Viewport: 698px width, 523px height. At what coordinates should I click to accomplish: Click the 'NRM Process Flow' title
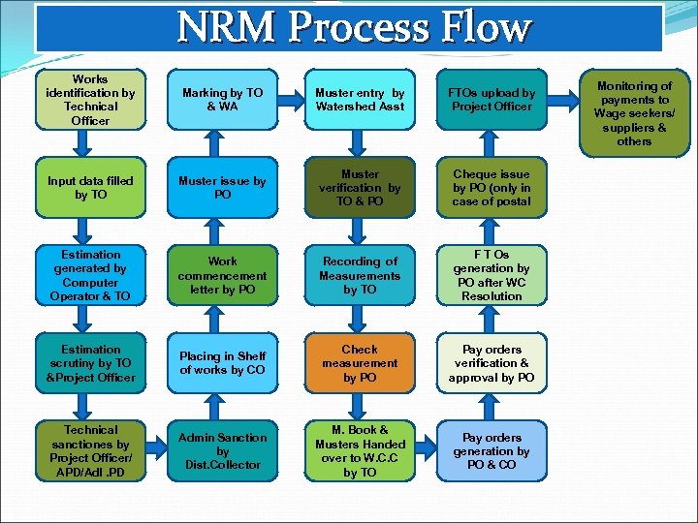tap(353, 28)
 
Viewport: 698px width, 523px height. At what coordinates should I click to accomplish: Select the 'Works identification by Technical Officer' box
tap(90, 100)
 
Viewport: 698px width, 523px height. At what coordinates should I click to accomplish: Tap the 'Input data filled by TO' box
tap(90, 188)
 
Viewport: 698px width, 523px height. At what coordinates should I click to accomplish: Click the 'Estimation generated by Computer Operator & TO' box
tap(90, 275)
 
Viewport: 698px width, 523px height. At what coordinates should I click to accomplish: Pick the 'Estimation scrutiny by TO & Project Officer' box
tap(90, 363)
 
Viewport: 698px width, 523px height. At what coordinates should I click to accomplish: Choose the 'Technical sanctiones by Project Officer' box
tap(90, 450)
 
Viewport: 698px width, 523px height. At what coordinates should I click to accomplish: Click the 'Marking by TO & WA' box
tap(222, 100)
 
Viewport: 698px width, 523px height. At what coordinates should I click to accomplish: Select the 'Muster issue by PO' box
tap(222, 188)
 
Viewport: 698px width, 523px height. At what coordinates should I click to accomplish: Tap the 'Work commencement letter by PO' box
tap(222, 275)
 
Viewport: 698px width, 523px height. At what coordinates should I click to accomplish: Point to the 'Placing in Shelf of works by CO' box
tap(222, 363)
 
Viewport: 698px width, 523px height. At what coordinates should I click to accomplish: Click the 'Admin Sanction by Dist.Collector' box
tap(222, 450)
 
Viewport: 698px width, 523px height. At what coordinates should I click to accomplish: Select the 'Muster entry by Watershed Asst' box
tap(360, 100)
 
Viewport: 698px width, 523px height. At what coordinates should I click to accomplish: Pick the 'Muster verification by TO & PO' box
tap(360, 188)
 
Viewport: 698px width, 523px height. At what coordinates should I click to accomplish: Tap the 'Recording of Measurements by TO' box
tap(360, 275)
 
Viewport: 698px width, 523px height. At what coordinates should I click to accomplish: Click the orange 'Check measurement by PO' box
tap(360, 363)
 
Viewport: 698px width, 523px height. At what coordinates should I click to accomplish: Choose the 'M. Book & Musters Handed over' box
tap(360, 450)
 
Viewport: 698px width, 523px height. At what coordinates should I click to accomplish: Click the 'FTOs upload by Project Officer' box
tap(492, 100)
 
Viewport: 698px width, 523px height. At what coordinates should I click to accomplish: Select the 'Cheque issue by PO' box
tap(492, 188)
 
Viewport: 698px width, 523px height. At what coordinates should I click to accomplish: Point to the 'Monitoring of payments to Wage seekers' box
tap(633, 113)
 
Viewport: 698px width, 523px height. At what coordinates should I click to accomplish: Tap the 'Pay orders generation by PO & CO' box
tap(492, 450)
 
